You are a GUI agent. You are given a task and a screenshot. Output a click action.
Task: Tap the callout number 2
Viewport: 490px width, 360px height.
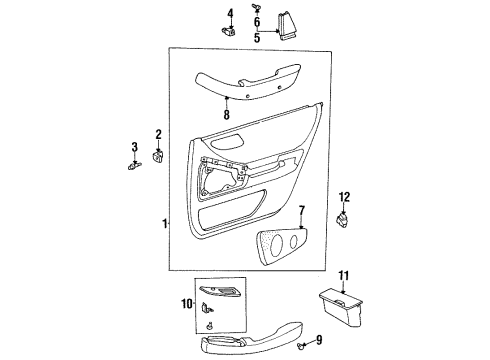[158, 133]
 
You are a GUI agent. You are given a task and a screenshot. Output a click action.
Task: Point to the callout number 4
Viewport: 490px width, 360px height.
[229, 13]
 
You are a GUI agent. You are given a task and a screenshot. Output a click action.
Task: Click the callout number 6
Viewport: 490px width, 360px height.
[256, 21]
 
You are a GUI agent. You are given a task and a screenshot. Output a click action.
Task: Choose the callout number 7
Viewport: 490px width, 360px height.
[301, 211]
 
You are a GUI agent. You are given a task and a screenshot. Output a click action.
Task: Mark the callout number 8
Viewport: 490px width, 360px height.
[227, 114]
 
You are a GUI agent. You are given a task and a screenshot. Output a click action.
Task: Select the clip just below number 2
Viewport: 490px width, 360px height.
[159, 154]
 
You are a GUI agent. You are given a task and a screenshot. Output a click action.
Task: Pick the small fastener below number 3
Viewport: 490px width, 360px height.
[134, 165]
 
